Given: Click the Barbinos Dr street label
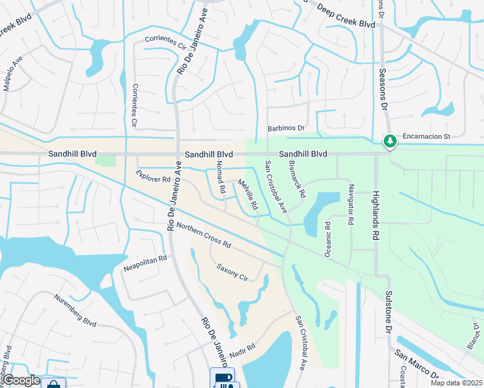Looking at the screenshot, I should (x=287, y=129).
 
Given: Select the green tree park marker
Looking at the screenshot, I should (x=390, y=140).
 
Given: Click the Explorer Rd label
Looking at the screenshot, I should (x=153, y=176).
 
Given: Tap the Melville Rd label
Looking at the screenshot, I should (x=248, y=195).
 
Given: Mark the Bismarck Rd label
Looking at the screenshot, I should (x=297, y=179).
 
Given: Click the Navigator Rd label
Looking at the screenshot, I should (x=351, y=204).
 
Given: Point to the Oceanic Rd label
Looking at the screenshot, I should (x=327, y=240).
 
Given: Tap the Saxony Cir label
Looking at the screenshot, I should (x=232, y=272).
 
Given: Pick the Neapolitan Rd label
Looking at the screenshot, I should (x=145, y=263).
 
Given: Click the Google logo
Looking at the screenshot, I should (x=21, y=381).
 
